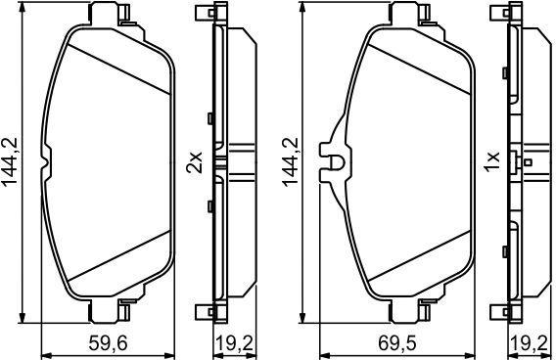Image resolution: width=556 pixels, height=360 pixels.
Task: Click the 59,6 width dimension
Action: click(108, 343)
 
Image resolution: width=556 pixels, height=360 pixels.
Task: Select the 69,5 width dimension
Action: click(396, 343)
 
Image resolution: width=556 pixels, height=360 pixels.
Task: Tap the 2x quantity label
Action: click(195, 162)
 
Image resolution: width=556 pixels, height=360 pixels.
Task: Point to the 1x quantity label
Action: click(492, 162)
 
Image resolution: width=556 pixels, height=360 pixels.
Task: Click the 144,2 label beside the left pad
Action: click(11, 161)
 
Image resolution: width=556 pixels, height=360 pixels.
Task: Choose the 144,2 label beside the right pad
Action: click(291, 161)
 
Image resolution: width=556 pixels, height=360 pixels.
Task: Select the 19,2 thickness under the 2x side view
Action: click(234, 343)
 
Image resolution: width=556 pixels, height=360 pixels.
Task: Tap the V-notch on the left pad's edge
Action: click(45, 162)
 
